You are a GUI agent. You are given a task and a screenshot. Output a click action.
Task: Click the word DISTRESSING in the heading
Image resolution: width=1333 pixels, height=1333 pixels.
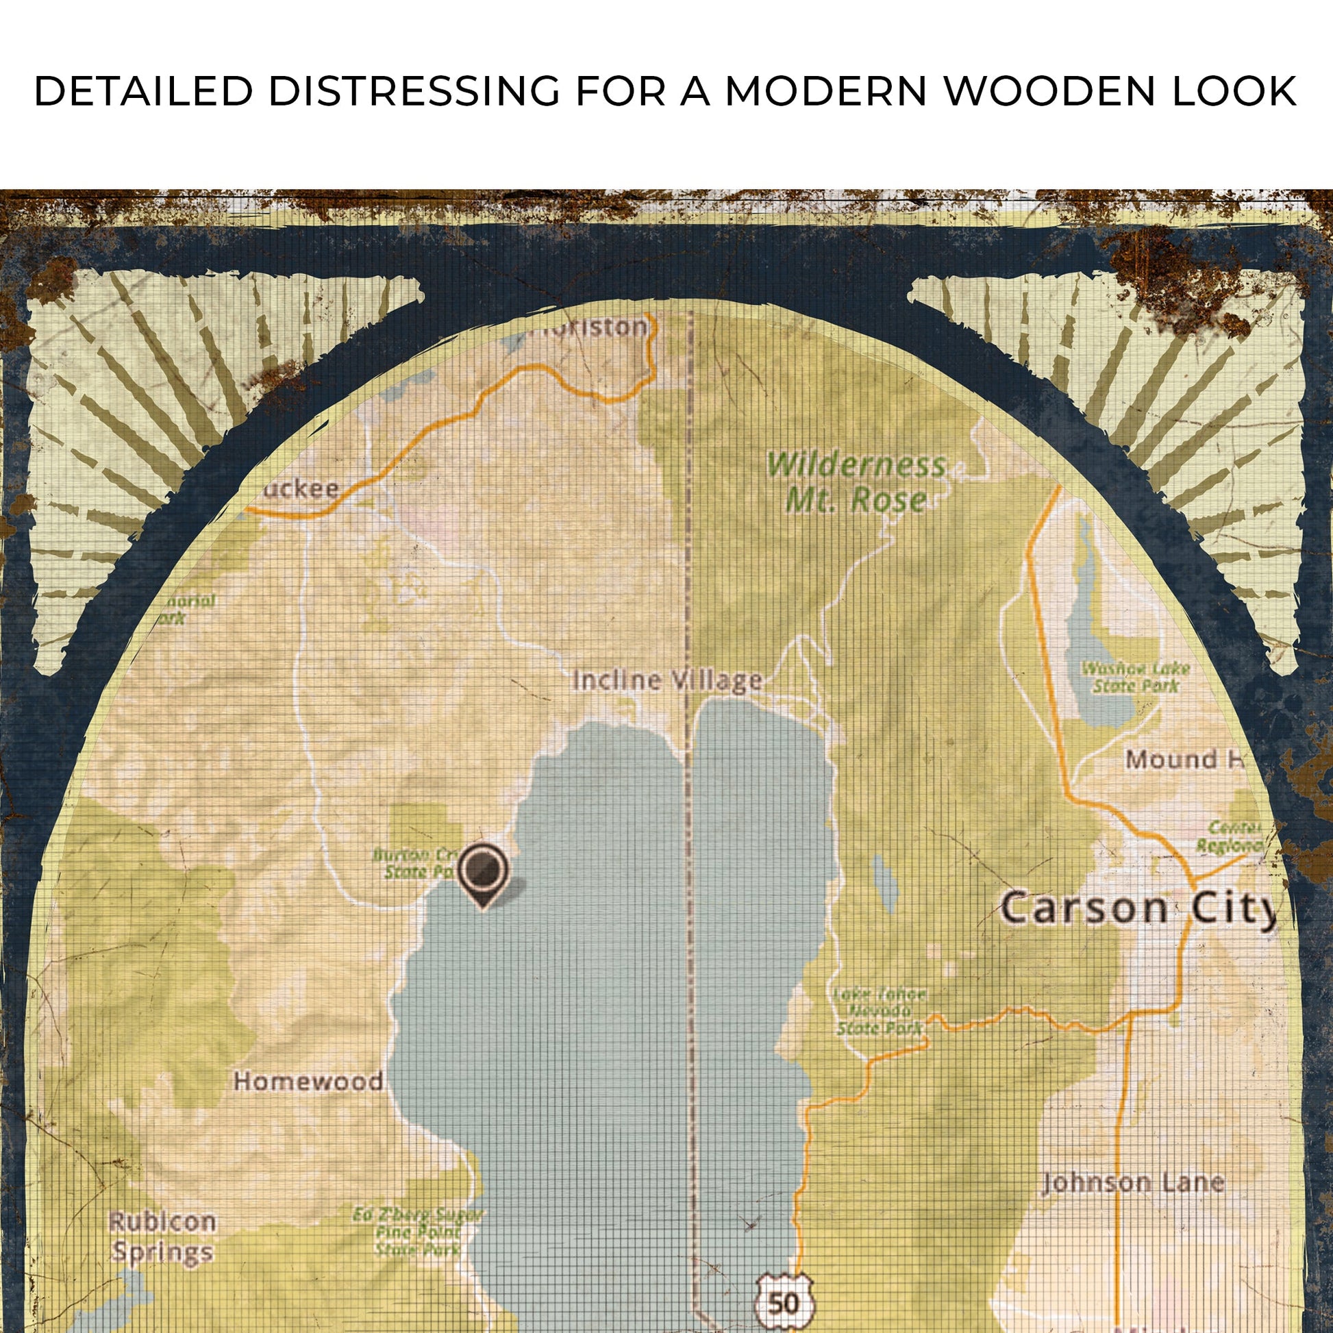pos(413,90)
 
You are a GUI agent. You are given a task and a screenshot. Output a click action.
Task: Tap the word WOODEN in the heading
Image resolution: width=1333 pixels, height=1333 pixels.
pos(1049,90)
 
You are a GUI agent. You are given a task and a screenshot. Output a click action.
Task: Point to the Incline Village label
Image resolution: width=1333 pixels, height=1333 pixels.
pos(667,681)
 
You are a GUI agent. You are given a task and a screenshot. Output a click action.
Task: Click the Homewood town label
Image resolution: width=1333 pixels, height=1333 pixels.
pos(308,1080)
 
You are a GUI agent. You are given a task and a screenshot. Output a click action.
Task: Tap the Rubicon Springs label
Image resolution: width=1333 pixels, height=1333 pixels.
pos(163,1237)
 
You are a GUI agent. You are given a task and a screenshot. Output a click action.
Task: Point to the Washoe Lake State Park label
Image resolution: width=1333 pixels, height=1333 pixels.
pos(1135,677)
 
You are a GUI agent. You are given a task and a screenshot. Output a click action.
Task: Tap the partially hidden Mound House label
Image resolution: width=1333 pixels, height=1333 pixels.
pos(1182,760)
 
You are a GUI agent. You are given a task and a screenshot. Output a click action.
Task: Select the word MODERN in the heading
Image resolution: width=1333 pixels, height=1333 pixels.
pos(825,90)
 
